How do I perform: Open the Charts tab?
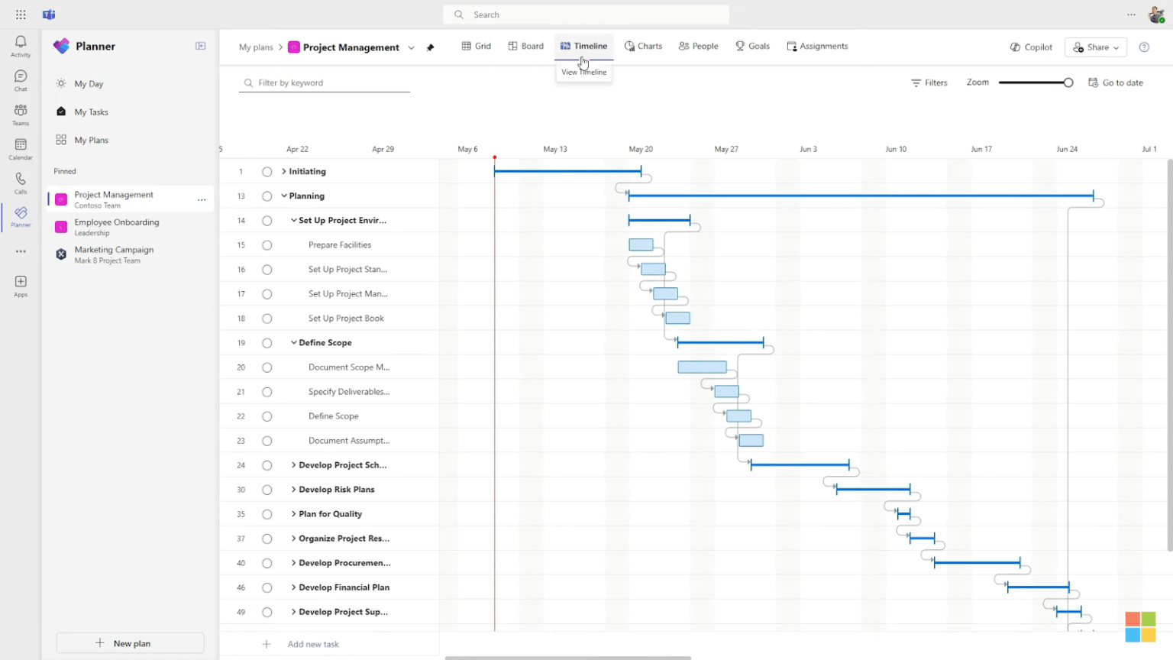coord(643,47)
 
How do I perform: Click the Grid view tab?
coord(477,47)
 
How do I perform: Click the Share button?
coord(1095,47)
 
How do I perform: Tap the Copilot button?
coord(1031,47)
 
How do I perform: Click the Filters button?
coord(929,82)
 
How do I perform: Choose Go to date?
coord(1116,82)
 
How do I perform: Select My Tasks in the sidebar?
coord(91,112)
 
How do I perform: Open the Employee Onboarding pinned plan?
coord(116,227)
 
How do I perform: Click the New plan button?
coord(131,643)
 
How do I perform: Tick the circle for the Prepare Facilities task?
coord(267,245)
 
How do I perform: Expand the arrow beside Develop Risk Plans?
coord(293,490)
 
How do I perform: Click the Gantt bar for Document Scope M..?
coord(702,367)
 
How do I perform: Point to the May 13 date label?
coord(555,149)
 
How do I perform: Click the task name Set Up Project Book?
coord(346,319)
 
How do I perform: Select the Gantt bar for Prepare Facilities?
coord(641,245)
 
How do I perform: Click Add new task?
coord(312,644)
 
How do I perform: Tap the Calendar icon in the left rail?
coord(21,147)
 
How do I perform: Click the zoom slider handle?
coord(1068,82)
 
